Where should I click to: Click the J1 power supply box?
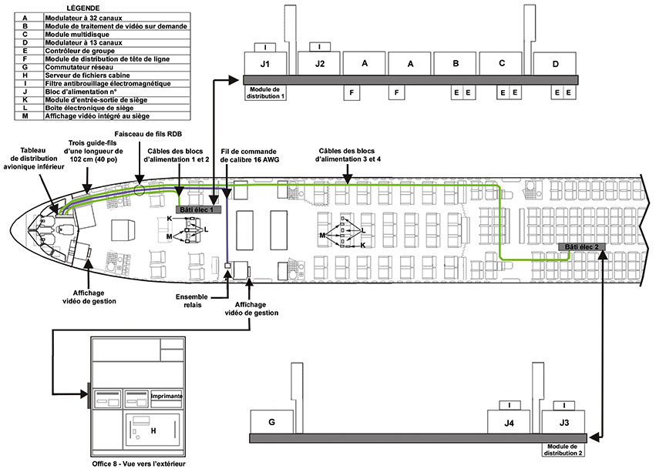click(264, 63)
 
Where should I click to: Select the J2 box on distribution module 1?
click(319, 63)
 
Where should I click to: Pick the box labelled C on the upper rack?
click(502, 63)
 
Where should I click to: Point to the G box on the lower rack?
click(271, 422)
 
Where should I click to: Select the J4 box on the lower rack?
click(510, 422)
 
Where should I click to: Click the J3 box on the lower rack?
click(564, 422)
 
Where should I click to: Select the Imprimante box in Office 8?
click(166, 396)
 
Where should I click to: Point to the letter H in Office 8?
click(153, 430)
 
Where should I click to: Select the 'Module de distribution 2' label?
click(565, 450)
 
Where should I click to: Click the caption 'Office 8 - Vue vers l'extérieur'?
click(139, 464)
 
